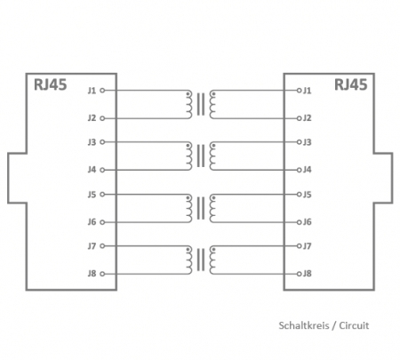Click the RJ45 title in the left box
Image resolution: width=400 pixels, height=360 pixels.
51,84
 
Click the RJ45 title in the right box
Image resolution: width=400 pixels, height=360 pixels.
350,84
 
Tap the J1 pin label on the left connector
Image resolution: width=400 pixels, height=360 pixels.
92,90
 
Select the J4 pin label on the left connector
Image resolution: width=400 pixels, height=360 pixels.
92,170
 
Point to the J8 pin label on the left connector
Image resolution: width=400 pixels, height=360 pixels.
92,274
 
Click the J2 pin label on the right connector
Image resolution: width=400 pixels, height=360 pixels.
307,118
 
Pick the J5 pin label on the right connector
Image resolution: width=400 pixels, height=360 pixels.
307,195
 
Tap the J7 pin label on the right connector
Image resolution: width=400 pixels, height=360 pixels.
307,246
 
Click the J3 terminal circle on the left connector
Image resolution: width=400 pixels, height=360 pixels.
102,142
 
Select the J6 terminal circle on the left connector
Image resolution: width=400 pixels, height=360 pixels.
102,222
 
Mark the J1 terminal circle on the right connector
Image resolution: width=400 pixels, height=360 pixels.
299,90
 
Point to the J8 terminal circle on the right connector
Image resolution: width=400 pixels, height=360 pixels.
299,274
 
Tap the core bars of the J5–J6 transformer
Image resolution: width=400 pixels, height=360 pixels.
201,208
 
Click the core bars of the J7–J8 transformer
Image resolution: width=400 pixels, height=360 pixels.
201,260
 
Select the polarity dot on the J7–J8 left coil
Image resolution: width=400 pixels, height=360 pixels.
188,250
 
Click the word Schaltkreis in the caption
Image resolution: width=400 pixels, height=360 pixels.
304,325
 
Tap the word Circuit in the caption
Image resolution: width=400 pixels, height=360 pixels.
354,325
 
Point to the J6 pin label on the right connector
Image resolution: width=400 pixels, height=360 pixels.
307,222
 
